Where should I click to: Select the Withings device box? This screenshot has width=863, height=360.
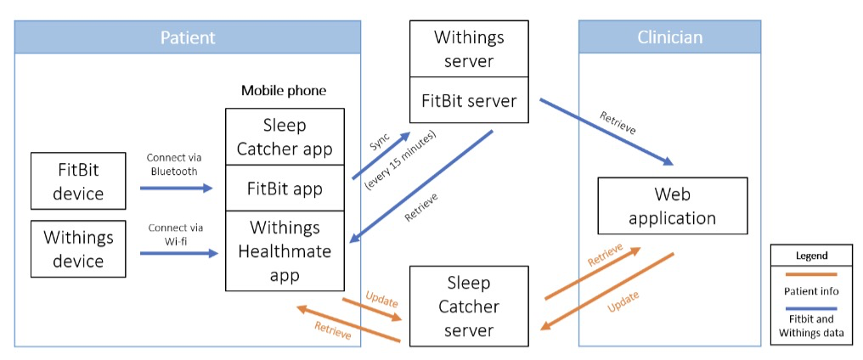pyautogui.click(x=77, y=249)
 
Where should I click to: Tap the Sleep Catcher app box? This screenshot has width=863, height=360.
pyautogui.click(x=285, y=137)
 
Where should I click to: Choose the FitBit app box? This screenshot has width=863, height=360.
pyautogui.click(x=285, y=188)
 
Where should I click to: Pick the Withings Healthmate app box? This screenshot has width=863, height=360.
pyautogui.click(x=285, y=251)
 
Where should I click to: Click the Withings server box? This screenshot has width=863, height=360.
pyautogui.click(x=469, y=49)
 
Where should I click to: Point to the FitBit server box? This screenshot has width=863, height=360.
pyautogui.click(x=469, y=101)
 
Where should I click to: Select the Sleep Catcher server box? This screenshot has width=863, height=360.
pyautogui.click(x=469, y=306)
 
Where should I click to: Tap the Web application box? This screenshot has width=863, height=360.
pyautogui.click(x=672, y=205)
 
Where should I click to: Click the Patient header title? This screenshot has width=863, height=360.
pyautogui.click(x=188, y=37)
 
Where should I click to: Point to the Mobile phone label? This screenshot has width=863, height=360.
pyautogui.click(x=284, y=90)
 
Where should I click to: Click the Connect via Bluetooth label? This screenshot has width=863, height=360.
pyautogui.click(x=175, y=164)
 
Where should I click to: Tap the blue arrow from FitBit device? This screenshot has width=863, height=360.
pyautogui.click(x=176, y=188)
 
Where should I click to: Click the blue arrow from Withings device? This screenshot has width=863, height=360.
pyautogui.click(x=176, y=253)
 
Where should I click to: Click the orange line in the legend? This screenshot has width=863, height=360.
pyautogui.click(x=811, y=273)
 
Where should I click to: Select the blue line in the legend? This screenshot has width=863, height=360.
pyautogui.click(x=811, y=308)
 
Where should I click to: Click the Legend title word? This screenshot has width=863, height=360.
pyautogui.click(x=811, y=255)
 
